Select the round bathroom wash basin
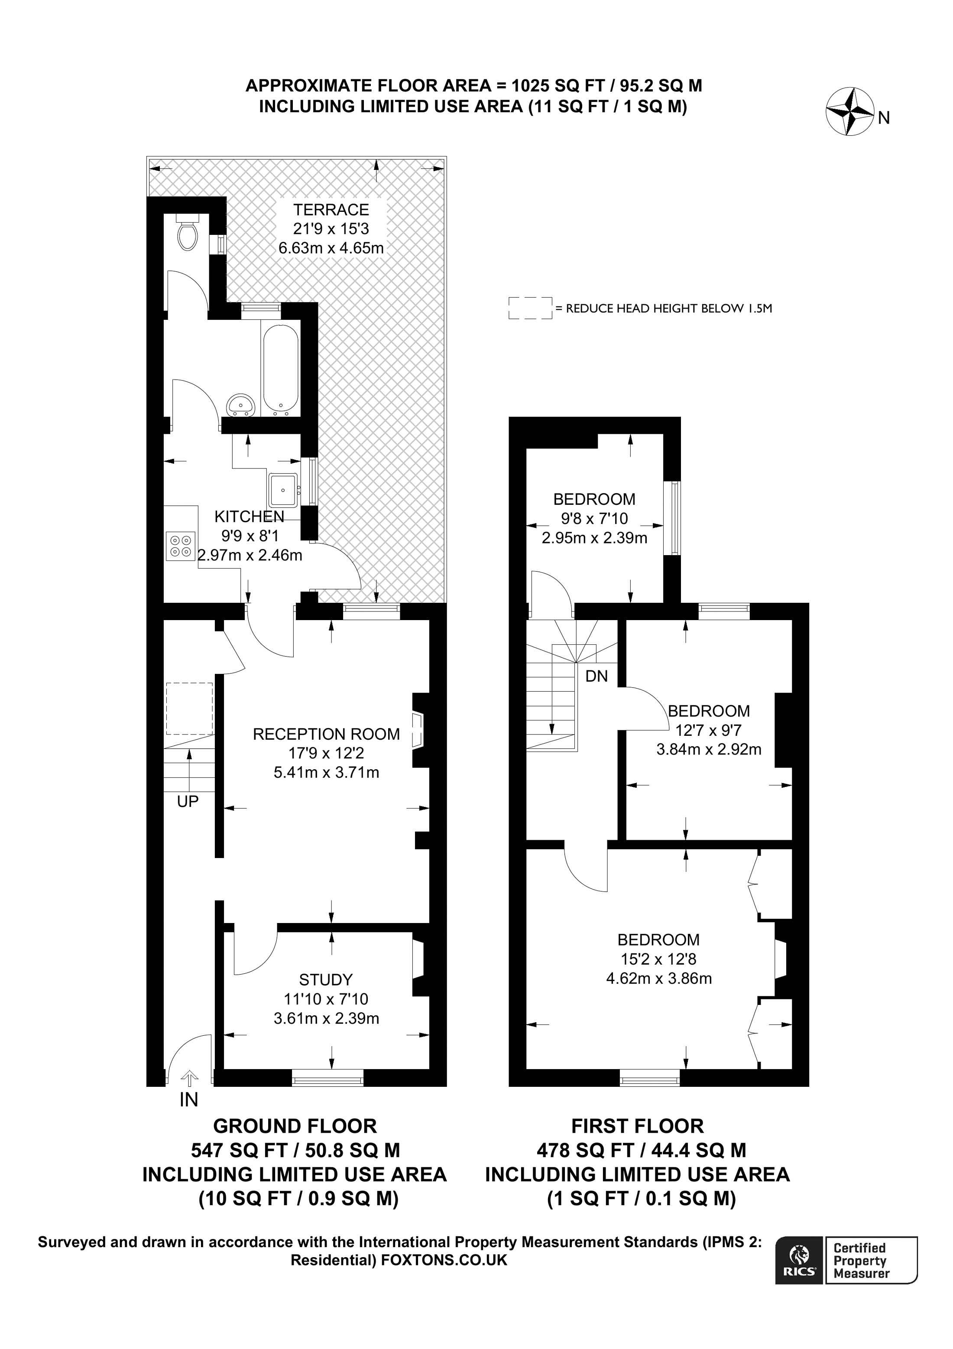tap(241, 404)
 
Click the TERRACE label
tap(331, 210)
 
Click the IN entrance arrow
tap(189, 1078)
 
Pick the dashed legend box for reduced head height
tap(530, 308)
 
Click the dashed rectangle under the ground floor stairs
tap(189, 709)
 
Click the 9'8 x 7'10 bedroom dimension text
tap(594, 518)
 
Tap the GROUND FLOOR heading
tap(295, 1126)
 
